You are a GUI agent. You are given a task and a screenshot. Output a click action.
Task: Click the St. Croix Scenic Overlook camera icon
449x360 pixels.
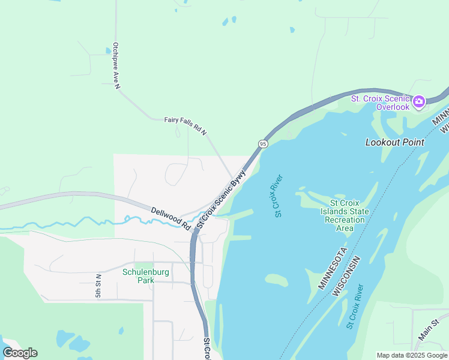tap(419, 101)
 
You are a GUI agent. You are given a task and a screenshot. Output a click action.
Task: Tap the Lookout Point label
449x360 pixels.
tap(395, 142)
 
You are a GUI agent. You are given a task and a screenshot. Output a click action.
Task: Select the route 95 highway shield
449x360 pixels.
tap(263, 144)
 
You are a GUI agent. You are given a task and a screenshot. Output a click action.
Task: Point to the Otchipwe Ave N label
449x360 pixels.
tap(116, 65)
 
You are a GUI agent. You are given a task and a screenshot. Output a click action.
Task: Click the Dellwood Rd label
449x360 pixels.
tap(170, 219)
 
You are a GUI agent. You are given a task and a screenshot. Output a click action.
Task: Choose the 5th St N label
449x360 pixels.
tap(98, 286)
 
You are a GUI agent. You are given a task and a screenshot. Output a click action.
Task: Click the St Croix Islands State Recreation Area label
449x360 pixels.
tap(345, 215)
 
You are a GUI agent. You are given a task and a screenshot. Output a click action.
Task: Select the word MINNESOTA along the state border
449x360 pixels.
tap(332, 268)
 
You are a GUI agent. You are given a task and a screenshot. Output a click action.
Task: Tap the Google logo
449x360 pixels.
tap(20, 353)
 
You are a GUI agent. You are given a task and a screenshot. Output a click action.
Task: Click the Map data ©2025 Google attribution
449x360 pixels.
tap(412, 355)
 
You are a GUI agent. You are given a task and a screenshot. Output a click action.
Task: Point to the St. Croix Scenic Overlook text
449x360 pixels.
tap(380, 103)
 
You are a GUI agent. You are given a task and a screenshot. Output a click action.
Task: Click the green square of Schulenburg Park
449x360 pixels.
tap(144, 266)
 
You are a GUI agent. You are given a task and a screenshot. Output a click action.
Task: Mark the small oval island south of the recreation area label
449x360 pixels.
tap(277, 280)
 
